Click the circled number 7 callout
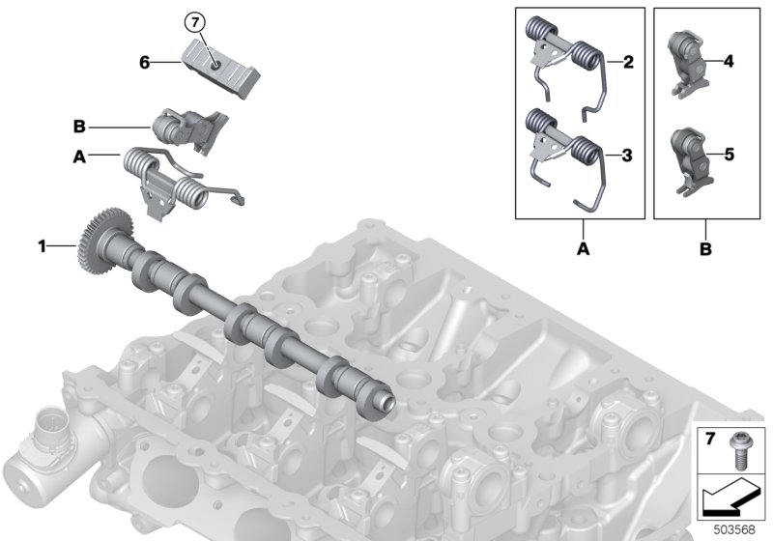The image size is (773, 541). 195,22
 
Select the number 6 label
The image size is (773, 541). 144,63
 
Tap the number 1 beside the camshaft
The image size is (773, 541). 43,245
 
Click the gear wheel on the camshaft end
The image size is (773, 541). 104,240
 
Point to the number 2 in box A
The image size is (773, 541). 628,62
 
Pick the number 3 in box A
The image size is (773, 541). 626,156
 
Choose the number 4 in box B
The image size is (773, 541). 729,61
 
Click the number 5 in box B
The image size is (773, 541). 730,155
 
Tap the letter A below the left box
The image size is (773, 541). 584,249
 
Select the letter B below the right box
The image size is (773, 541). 705,249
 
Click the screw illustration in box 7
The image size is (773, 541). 739,450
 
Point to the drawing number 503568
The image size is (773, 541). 734,529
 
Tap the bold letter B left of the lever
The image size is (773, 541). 79,127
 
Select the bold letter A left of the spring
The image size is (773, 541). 79,157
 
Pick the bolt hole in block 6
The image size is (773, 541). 215,66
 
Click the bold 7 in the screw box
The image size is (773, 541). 710,438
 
